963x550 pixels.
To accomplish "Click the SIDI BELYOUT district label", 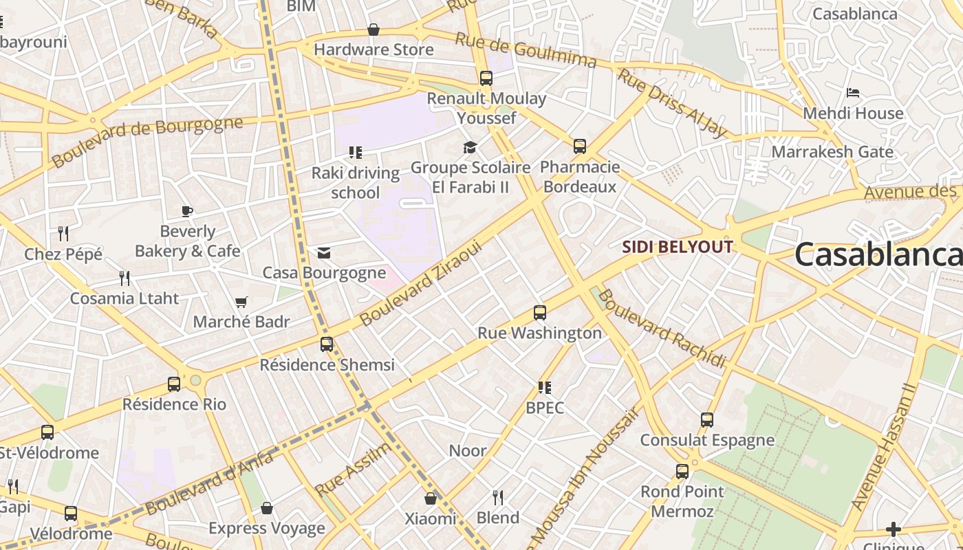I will click(x=678, y=247).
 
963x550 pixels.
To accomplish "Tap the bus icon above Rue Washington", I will click(x=540, y=313).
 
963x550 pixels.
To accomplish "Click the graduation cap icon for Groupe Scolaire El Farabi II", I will click(x=470, y=147).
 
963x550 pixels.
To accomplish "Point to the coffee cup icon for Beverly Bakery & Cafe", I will click(x=187, y=211).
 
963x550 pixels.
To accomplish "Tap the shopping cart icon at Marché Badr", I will click(x=241, y=302).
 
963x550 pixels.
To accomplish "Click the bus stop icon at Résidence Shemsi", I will click(x=327, y=344).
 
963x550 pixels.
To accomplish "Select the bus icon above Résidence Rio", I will click(x=174, y=384).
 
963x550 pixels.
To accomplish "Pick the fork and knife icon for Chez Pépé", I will click(x=63, y=234).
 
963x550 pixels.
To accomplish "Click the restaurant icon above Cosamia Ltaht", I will click(x=125, y=278).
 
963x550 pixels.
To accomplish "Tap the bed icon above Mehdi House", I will click(x=853, y=93).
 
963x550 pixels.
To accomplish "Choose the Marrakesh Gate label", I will click(x=832, y=152).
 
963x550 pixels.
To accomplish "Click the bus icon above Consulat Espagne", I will click(x=707, y=420).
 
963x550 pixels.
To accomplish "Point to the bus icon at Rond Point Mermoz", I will click(x=682, y=472).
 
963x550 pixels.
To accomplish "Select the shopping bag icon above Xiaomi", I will click(x=431, y=498).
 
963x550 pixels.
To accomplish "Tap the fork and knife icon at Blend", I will click(x=498, y=497).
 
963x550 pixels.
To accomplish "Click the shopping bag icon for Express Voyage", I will click(x=267, y=508).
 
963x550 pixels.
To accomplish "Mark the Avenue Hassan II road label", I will click(x=883, y=447).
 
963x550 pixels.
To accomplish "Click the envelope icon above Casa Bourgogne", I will click(x=324, y=253).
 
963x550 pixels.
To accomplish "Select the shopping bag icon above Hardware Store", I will click(x=374, y=30).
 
